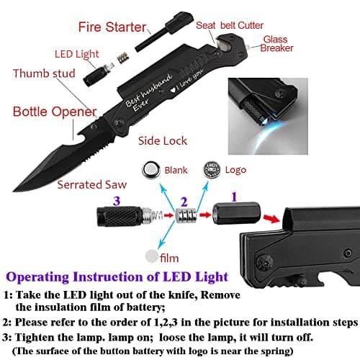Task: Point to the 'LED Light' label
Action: (x=76, y=53)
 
